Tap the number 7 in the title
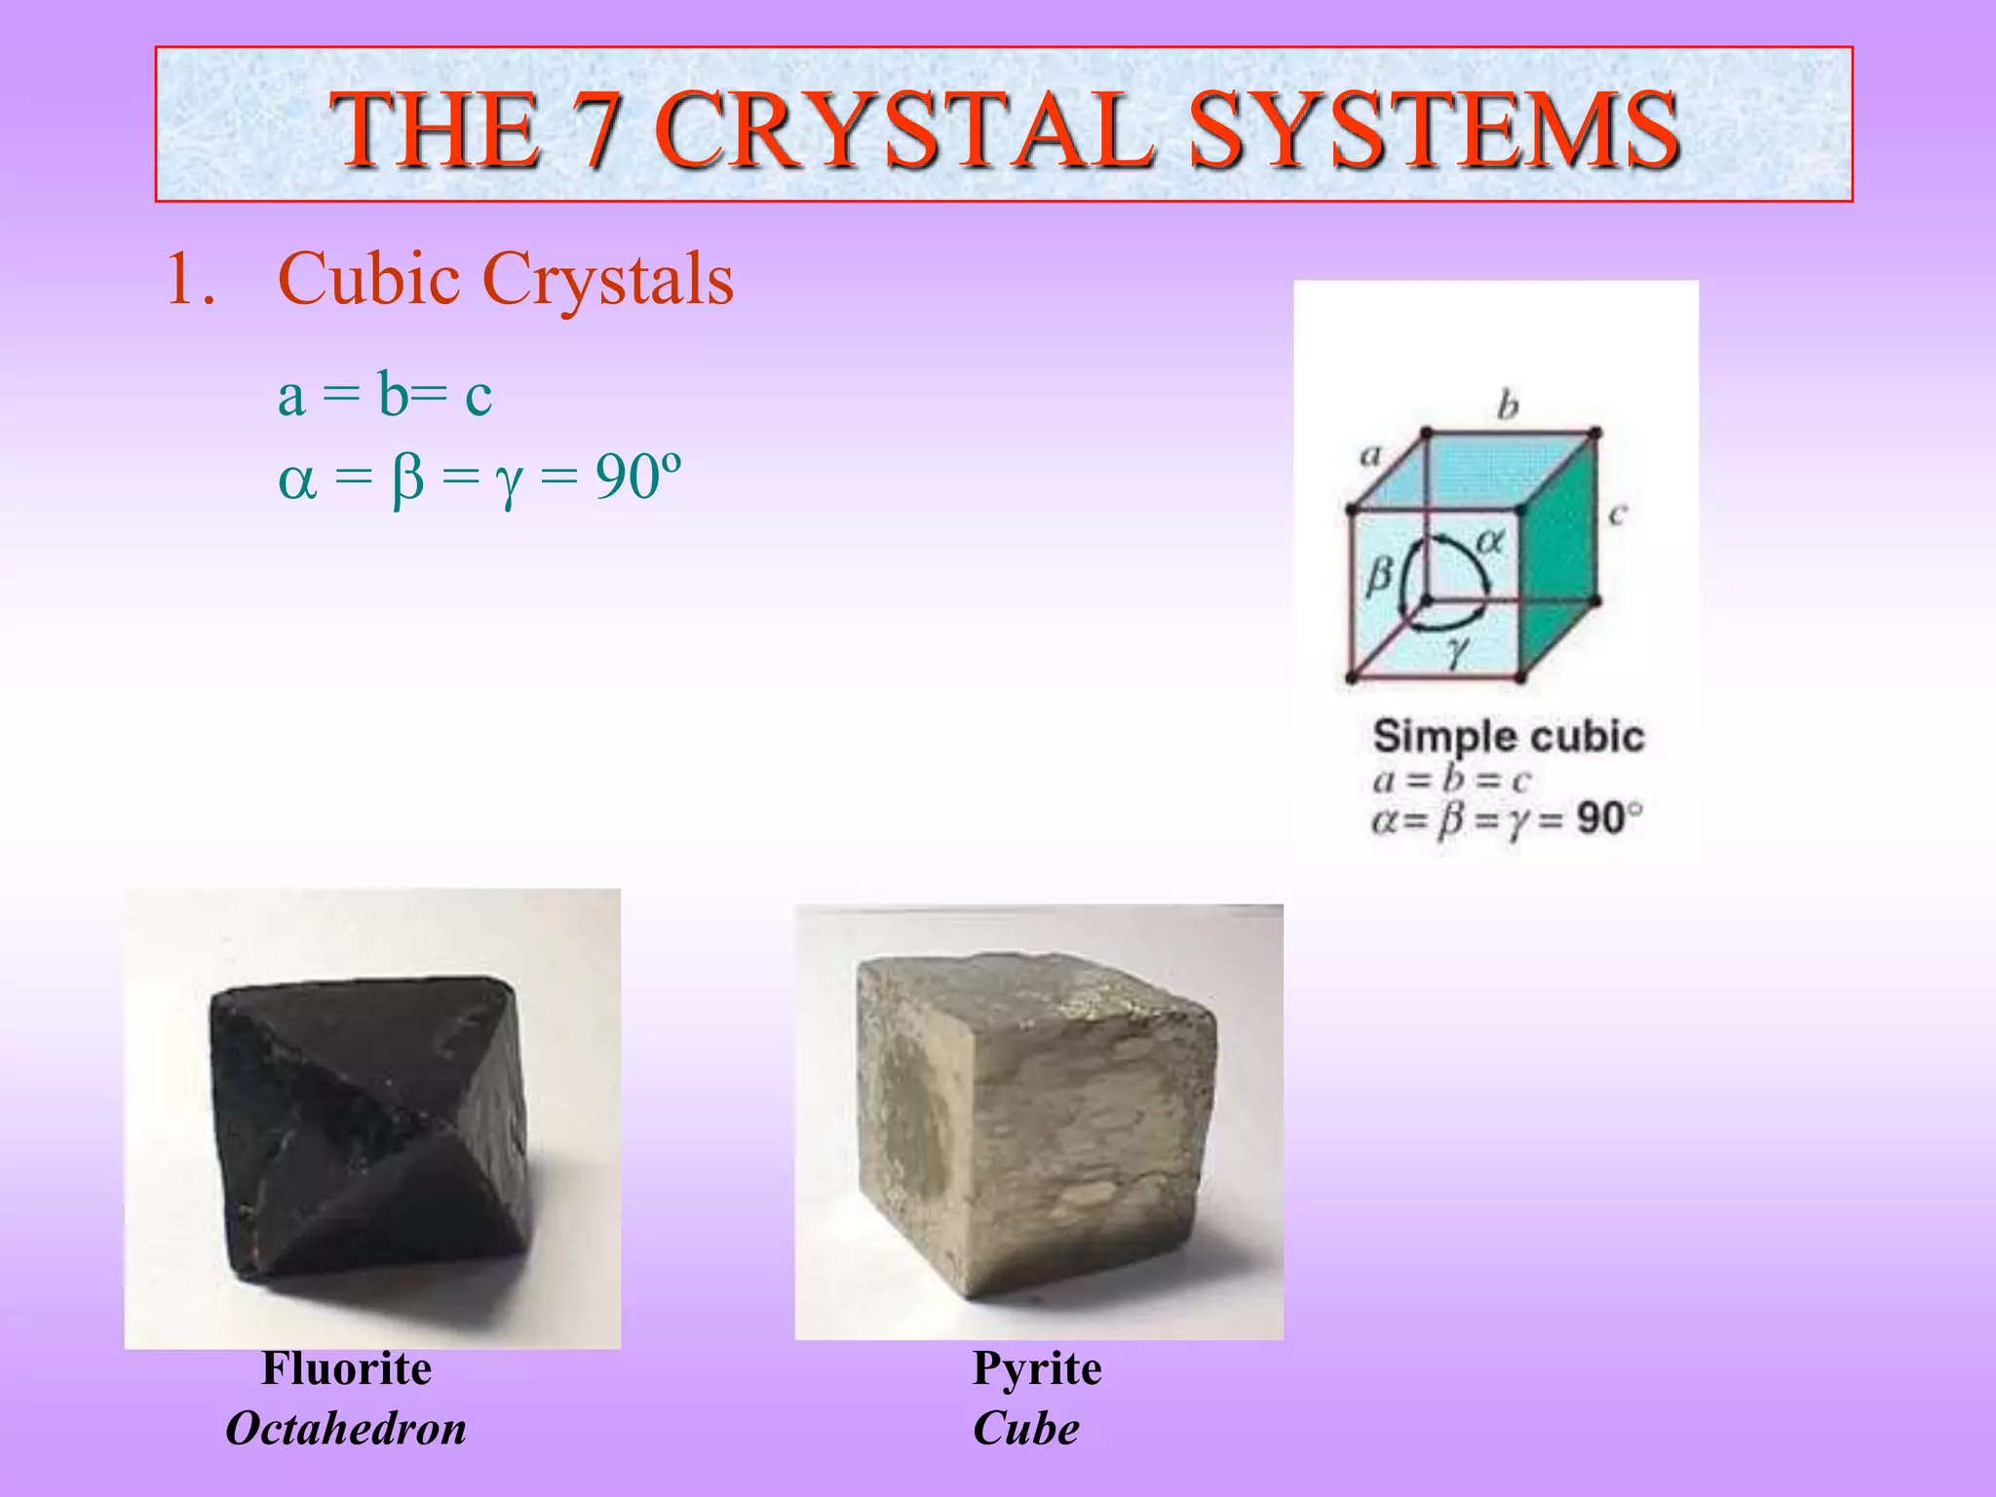595,130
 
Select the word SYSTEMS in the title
1433,130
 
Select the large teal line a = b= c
385,396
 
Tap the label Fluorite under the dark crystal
346,1368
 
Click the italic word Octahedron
346,1429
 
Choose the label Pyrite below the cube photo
1037,1368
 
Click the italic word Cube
1026,1429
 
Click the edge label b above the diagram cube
1508,404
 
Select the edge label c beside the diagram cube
1618,514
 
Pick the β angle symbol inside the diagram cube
1379,575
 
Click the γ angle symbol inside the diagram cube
1457,651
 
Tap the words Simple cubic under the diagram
1508,737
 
